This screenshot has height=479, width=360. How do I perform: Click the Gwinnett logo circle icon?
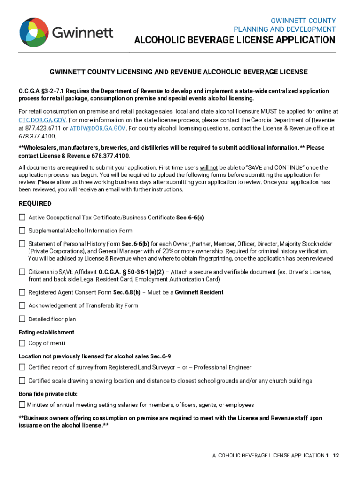pyautogui.click(x=34, y=33)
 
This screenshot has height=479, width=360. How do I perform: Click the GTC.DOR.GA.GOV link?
pyautogui.click(x=39, y=120)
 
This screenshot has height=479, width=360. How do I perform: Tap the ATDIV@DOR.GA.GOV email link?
pyautogui.click(x=98, y=128)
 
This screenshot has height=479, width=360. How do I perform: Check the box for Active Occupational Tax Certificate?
pyautogui.click(x=22, y=218)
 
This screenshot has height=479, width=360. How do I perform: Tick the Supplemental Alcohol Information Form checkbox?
pyautogui.click(x=22, y=231)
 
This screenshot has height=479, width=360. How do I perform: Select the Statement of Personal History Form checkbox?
pyautogui.click(x=22, y=244)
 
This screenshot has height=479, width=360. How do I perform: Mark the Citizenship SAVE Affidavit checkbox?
pyautogui.click(x=22, y=272)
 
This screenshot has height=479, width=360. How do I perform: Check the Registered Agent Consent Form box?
pyautogui.click(x=22, y=292)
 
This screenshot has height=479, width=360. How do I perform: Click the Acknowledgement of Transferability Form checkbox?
pyautogui.click(x=22, y=305)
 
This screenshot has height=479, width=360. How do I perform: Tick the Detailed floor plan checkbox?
pyautogui.click(x=22, y=319)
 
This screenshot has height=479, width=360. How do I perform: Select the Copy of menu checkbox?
pyautogui.click(x=22, y=343)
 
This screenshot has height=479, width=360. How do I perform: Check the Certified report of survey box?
pyautogui.click(x=22, y=367)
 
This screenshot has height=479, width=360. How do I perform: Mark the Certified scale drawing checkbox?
pyautogui.click(x=22, y=381)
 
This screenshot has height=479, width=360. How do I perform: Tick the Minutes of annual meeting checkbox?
pyautogui.click(x=22, y=405)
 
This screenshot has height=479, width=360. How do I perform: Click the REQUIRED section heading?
pyautogui.click(x=35, y=204)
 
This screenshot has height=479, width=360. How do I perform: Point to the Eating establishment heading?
pyautogui.click(x=46, y=332)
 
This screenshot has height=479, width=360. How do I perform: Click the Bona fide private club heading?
pyautogui.click(x=48, y=394)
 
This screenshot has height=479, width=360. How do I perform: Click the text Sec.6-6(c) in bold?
pyautogui.click(x=190, y=218)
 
